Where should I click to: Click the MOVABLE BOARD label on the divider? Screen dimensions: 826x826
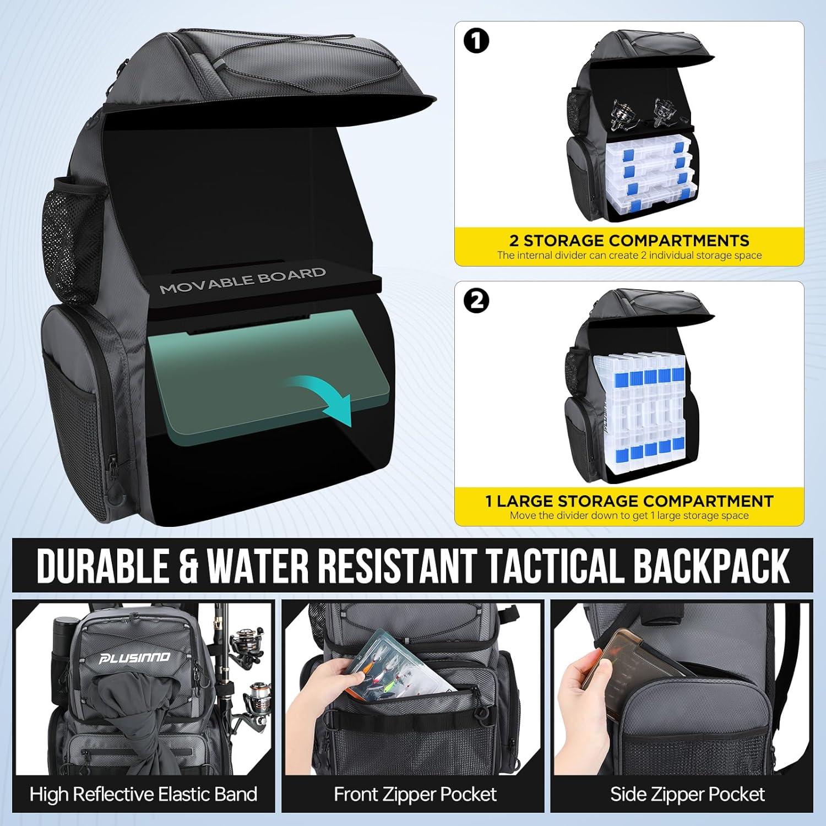[x=242, y=280]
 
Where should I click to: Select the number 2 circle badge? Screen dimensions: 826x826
[x=477, y=301]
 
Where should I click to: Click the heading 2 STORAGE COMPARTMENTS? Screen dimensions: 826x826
[x=629, y=241]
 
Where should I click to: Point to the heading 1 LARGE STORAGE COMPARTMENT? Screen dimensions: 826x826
[x=629, y=501]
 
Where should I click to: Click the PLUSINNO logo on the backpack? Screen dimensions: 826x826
[x=134, y=657]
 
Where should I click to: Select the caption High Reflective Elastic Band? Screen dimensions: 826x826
[x=143, y=794]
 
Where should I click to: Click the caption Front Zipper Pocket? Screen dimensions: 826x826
[x=415, y=794]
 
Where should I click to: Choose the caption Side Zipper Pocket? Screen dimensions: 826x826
[x=687, y=794]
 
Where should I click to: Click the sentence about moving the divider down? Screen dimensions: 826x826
[x=629, y=516]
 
